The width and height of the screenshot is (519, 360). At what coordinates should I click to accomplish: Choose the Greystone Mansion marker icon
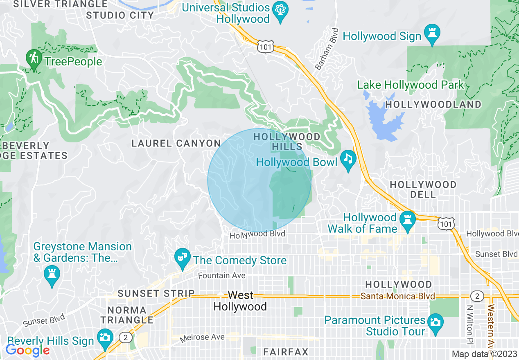pyautogui.click(x=52, y=275)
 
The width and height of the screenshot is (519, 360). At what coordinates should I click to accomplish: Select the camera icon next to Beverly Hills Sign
pyautogui.click(x=105, y=338)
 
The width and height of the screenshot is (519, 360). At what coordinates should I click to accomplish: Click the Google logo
pyautogui.click(x=27, y=350)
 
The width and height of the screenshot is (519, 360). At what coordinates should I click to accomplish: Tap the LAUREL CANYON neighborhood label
pyautogui.click(x=176, y=144)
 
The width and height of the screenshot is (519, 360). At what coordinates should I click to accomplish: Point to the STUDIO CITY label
pyautogui.click(x=120, y=16)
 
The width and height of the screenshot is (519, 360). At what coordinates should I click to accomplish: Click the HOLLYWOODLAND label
pyautogui.click(x=433, y=105)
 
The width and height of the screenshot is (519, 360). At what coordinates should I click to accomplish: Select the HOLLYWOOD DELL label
pyautogui.click(x=423, y=189)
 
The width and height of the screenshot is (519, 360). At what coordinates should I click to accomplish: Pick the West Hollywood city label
pyautogui.click(x=240, y=301)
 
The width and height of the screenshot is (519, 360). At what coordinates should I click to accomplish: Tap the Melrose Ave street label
pyautogui.click(x=203, y=338)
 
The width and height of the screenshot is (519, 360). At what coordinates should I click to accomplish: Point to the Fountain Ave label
pyautogui.click(x=221, y=276)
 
